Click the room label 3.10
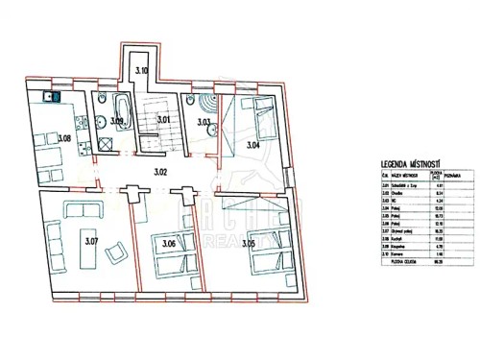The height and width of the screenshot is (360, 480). coord(141,70)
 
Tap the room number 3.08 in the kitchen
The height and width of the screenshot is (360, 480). coord(64,140)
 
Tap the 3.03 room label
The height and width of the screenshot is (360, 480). coord(204,122)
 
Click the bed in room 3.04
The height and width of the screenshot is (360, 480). coord(253,114)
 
